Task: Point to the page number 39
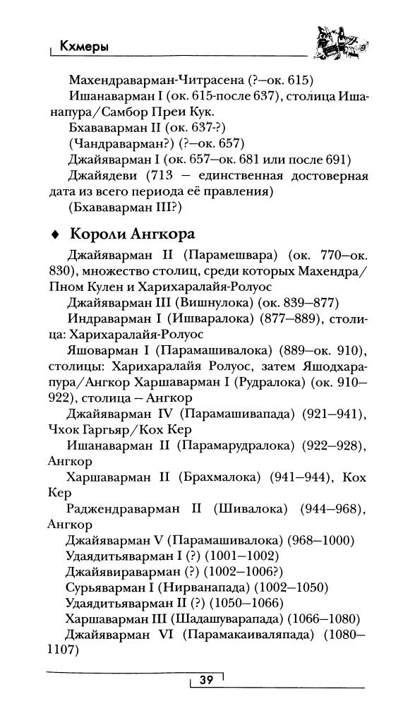coord(206,680)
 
